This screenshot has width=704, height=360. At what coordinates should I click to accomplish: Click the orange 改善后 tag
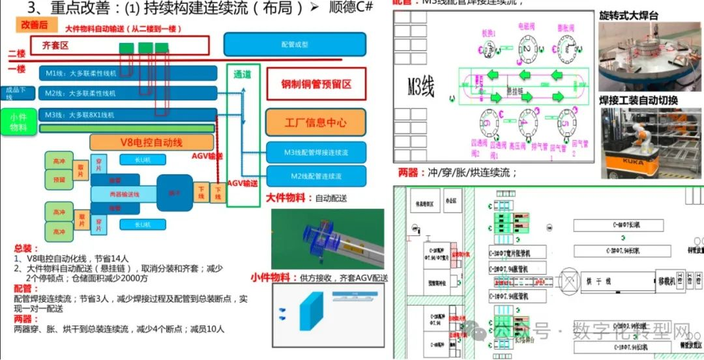point(35,25)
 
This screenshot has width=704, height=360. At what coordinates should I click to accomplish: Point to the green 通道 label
point(242,74)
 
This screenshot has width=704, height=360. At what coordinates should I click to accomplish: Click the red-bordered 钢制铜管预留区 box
point(316,85)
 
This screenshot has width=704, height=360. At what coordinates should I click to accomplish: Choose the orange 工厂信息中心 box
point(315,122)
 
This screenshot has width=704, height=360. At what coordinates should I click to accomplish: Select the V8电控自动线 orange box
point(152,142)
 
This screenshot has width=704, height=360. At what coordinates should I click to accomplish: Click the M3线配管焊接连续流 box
point(316,153)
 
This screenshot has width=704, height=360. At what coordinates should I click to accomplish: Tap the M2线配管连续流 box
point(316,176)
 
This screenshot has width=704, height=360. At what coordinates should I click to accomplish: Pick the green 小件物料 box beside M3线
point(18,122)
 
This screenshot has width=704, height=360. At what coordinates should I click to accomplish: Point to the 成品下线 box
point(14,93)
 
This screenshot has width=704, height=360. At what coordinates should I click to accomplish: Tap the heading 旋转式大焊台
point(628,16)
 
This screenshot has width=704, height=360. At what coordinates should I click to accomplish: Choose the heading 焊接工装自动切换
point(638,100)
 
